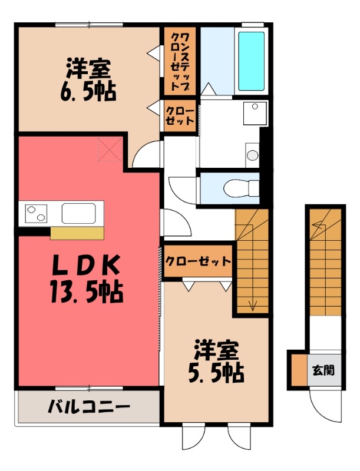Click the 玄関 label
point(323,370)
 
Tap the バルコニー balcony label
point(89,407)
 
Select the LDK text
point(86,266)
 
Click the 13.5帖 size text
point(87,291)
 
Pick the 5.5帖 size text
point(216,373)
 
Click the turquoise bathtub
point(251,61)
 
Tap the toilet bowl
point(242,188)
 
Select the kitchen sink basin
point(79,213)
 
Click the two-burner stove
point(36,213)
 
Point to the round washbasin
point(252,155)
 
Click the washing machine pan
point(255,113)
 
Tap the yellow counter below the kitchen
point(77,233)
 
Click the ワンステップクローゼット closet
point(180,61)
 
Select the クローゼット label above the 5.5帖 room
point(199,261)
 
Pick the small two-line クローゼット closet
point(180,116)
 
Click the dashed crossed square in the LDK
point(110,150)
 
